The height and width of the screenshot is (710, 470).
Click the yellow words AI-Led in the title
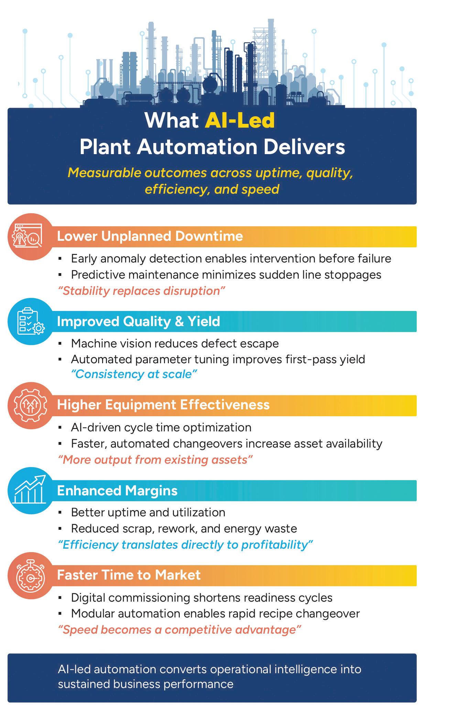[240, 120]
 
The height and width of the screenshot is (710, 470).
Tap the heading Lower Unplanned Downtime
[150, 236]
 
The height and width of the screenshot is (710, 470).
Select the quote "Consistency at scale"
[134, 374]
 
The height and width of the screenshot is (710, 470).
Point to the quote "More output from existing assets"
[155, 460]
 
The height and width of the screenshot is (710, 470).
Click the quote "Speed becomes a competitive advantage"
[179, 630]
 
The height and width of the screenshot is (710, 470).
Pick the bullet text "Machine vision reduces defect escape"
[175, 343]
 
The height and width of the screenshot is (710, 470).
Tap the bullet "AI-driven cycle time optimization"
[161, 427]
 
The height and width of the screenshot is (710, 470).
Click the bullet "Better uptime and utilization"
[148, 512]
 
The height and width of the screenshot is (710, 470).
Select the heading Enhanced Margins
[117, 491]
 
